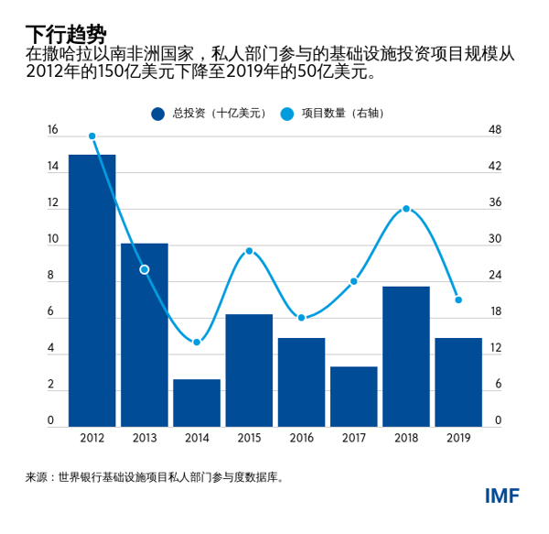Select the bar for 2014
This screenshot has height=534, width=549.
point(197,403)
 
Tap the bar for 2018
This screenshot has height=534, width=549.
point(405,356)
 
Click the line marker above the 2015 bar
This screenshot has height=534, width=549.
point(249,251)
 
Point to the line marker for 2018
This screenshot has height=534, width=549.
point(406,209)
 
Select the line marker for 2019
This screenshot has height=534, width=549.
point(458,300)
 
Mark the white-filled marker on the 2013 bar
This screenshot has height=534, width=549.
point(144,269)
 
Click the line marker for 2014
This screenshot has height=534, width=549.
point(197,343)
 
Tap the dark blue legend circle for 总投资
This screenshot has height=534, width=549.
point(157,114)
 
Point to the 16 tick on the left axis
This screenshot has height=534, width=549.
point(51,131)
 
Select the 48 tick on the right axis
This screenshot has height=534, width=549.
point(496,131)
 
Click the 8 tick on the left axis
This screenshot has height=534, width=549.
point(51,276)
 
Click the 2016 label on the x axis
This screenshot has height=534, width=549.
point(301,439)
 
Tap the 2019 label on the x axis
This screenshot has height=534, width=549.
point(458,439)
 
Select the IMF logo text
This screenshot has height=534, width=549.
point(502,496)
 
